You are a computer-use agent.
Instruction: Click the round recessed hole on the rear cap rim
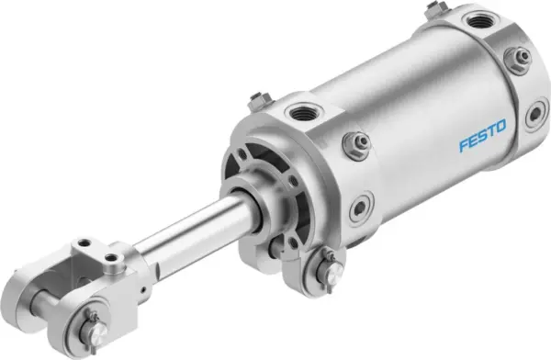click(x=533, y=114)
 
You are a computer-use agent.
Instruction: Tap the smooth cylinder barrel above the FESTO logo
click(x=432, y=92)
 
